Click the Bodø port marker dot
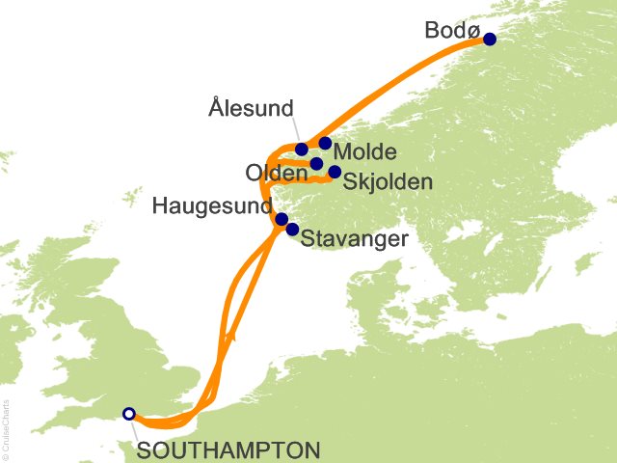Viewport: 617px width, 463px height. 490,40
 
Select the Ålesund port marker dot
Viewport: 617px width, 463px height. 302,150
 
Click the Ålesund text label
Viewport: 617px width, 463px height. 251,109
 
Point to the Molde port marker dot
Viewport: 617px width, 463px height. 326,144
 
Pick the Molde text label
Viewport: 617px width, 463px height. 363,153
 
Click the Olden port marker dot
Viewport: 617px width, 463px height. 316,164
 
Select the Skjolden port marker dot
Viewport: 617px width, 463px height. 335,173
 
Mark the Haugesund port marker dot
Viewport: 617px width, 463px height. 282,219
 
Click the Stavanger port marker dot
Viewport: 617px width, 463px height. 292,230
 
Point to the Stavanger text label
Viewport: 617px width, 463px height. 355,239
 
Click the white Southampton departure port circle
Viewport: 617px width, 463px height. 129,414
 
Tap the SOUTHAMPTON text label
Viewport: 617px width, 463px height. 228,450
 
